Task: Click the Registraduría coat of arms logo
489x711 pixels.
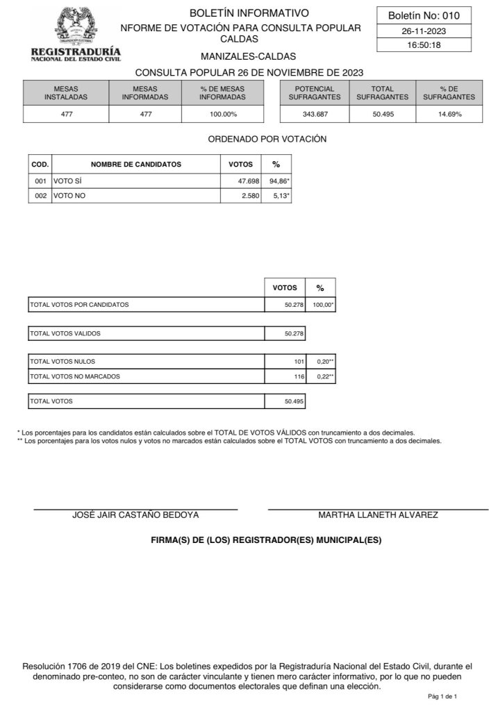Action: (x=76, y=26)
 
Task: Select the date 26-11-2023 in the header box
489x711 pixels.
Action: (x=424, y=31)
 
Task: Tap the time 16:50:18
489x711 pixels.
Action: (x=424, y=45)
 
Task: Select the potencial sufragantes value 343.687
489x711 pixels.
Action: (x=315, y=114)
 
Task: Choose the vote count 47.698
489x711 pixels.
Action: (x=243, y=181)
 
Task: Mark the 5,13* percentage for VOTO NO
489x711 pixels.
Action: (x=280, y=196)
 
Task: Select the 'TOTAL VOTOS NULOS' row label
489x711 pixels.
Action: (x=63, y=362)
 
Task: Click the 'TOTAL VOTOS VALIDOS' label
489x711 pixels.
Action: (x=65, y=333)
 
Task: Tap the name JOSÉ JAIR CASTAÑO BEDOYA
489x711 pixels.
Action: (x=135, y=515)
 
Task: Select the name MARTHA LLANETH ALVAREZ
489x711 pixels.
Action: (x=378, y=515)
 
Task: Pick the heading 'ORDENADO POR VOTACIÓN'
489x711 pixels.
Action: (x=267, y=139)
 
